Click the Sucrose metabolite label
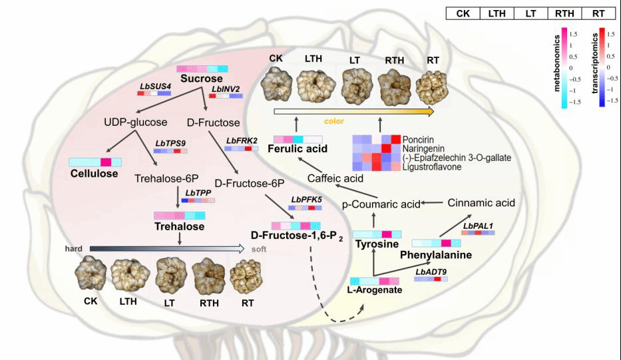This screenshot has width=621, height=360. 200,80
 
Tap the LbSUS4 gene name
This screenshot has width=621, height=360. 155,87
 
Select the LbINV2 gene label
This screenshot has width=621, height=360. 226,88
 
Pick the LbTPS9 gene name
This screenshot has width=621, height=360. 170,142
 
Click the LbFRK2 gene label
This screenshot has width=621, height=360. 242,139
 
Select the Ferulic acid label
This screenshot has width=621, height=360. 298,149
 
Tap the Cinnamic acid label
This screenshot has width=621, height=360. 482,202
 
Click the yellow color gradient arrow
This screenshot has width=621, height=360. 353,111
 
